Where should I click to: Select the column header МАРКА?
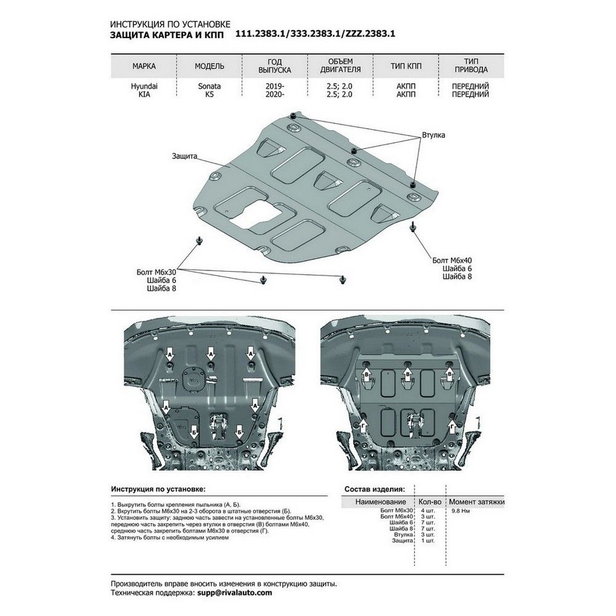[x=144, y=66]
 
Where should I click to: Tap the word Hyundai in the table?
[x=144, y=87]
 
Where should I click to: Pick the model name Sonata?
[x=209, y=87]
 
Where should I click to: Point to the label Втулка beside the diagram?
[x=433, y=134]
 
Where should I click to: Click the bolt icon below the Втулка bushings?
[x=412, y=228]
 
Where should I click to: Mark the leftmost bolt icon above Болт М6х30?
[x=198, y=240]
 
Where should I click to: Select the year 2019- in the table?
[x=275, y=87]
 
